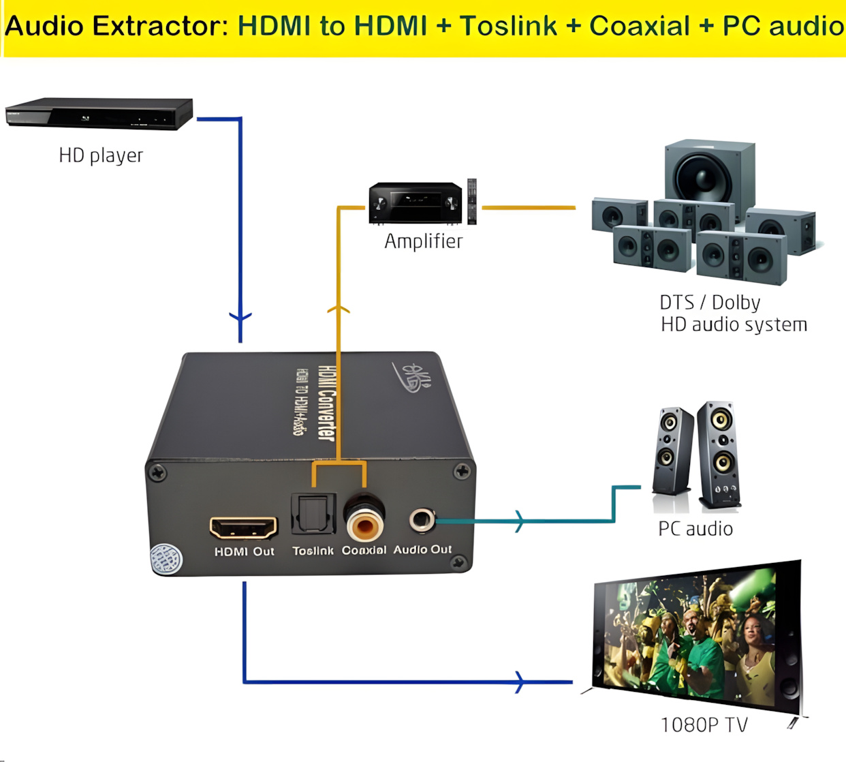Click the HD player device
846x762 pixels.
click(99, 112)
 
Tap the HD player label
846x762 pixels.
click(101, 155)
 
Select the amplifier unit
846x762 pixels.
click(415, 202)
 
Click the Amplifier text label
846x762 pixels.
click(423, 241)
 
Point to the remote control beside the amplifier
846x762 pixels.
click(471, 201)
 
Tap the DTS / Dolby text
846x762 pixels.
click(710, 302)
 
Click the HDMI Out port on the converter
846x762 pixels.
click(244, 528)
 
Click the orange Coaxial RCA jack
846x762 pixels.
click(364, 523)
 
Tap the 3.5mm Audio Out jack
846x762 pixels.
click(422, 520)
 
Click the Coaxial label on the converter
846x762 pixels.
click(364, 550)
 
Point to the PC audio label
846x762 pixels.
click(695, 529)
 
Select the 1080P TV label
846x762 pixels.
click(704, 725)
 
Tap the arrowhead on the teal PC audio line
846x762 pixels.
click(520, 521)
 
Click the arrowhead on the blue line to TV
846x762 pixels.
click(520, 682)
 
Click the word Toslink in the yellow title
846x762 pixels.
click(508, 26)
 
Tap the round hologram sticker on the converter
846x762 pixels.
click(166, 559)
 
